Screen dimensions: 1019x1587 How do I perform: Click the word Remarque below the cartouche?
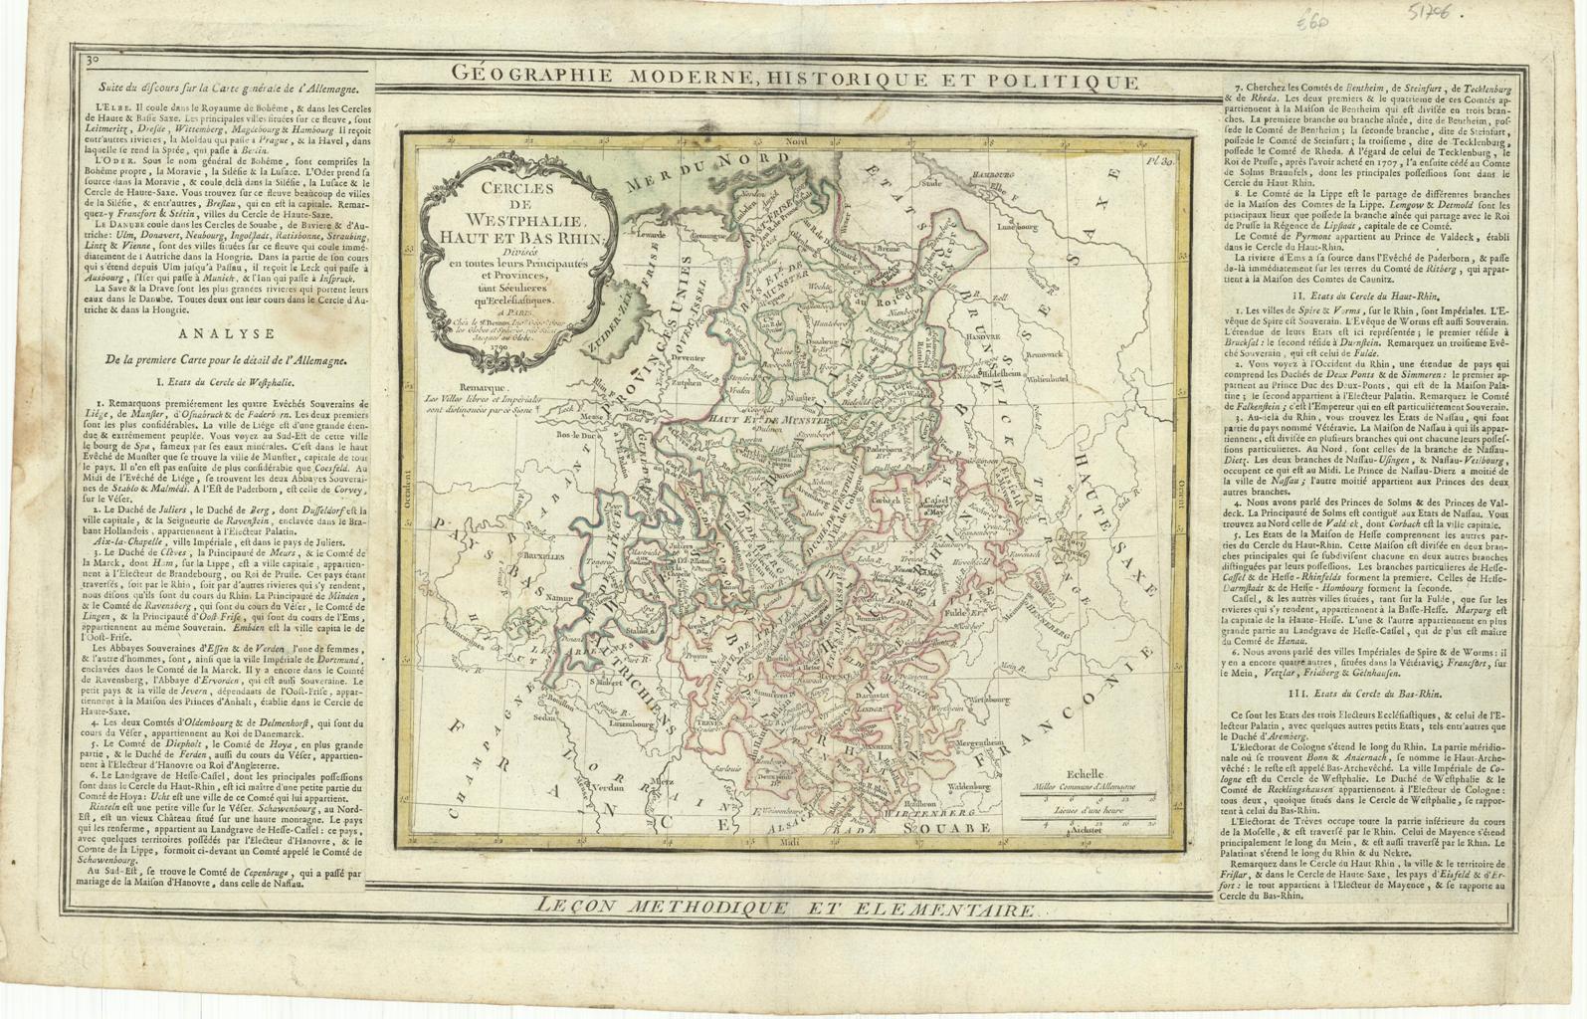pos(485,388)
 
